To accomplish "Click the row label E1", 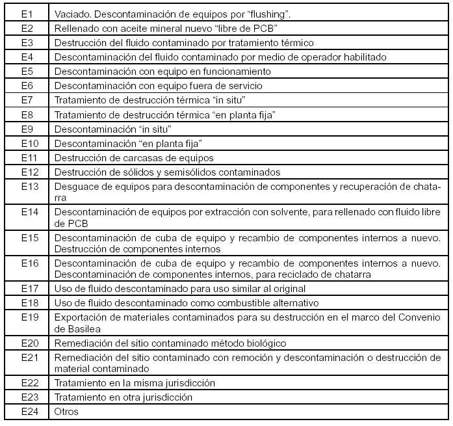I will click(x=27, y=14).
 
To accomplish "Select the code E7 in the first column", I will click(x=27, y=100).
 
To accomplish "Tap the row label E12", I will click(x=27, y=172).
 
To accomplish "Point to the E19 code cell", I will click(x=27, y=317).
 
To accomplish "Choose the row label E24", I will click(x=27, y=411).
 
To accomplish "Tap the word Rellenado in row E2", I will click(x=77, y=28).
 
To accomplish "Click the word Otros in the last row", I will click(x=66, y=411).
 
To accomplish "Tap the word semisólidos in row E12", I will click(x=185, y=172).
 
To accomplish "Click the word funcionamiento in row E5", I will click(x=231, y=71).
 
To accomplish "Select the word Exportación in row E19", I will click(x=81, y=317).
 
